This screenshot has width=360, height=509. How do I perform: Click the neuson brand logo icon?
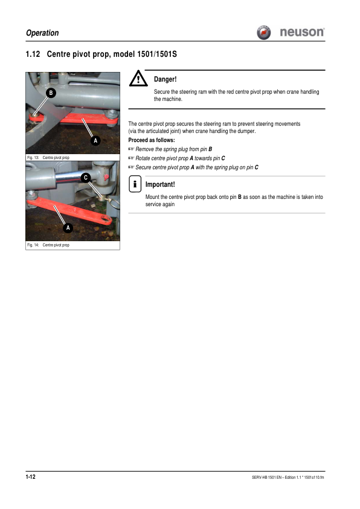(263, 32)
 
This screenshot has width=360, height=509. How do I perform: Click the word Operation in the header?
(43, 33)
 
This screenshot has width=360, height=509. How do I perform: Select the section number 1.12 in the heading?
(33, 55)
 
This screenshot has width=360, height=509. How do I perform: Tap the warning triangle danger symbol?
(138, 80)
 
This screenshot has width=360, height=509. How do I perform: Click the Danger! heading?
(165, 79)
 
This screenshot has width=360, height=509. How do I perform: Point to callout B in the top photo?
(51, 92)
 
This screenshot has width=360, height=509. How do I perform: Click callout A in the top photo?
(94, 140)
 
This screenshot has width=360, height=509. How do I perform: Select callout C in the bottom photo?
(85, 177)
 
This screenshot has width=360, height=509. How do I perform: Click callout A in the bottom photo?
(68, 228)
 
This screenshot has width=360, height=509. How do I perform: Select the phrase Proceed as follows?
(152, 140)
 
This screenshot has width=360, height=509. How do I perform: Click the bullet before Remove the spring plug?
(131, 149)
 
